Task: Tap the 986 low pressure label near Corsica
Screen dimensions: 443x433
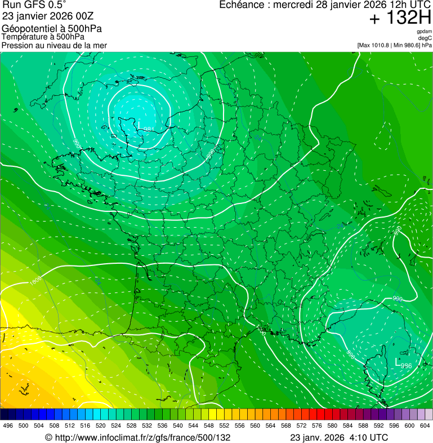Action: coord(407,366)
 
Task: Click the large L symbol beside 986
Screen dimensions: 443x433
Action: coord(398,362)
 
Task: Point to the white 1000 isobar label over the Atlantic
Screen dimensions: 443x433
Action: coord(36,280)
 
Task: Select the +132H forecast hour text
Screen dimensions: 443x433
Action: coord(400,18)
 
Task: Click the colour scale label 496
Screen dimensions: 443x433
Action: coord(8,426)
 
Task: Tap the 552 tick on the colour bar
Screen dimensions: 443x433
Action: coord(224,426)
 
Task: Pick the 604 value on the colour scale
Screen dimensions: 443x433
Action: coord(425,426)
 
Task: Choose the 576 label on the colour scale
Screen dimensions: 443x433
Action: coord(317,426)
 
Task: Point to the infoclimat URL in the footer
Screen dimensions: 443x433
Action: coord(137,437)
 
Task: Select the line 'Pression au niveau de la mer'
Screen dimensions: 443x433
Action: coord(54,45)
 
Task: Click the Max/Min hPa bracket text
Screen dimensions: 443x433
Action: coord(394,45)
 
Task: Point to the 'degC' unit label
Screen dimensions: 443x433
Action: coord(425,38)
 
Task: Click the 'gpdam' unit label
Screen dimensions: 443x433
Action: coord(424,32)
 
